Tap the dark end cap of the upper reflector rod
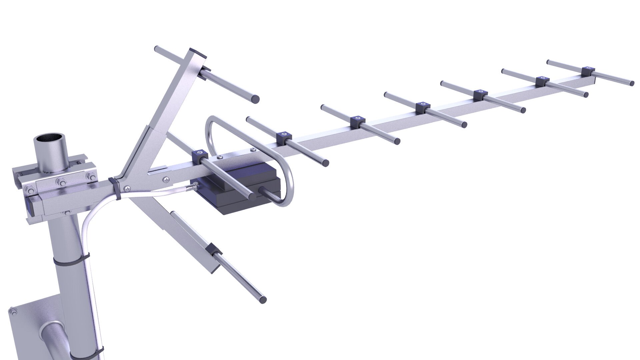255,99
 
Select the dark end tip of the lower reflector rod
263,299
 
